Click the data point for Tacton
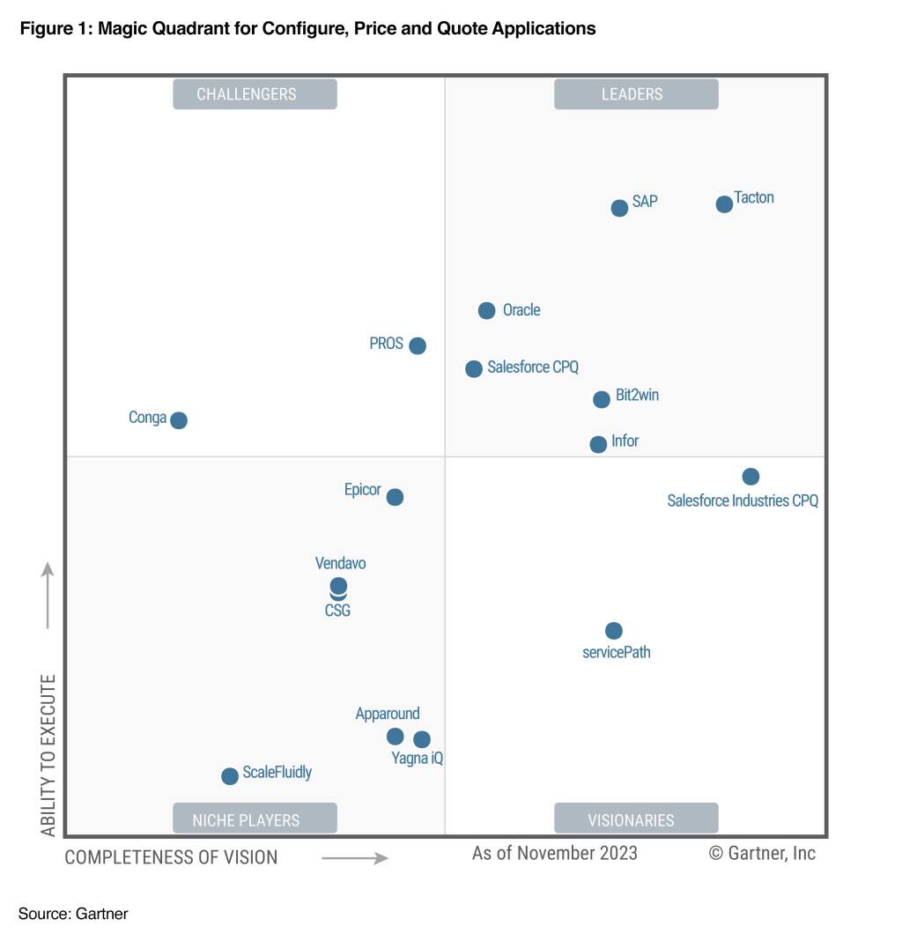tap(724, 204)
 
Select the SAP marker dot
tap(619, 208)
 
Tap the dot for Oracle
tap(486, 310)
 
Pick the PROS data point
tap(418, 345)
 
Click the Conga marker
tap(179, 420)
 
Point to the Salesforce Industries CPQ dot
tap(750, 477)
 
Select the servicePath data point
tap(614, 631)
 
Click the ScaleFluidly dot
tap(230, 776)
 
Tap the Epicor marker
tap(396, 497)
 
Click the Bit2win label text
tap(637, 396)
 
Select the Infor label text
tap(625, 441)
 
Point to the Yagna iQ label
tap(418, 758)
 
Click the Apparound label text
tap(388, 714)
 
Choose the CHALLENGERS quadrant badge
tap(255, 94)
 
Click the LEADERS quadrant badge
tap(636, 94)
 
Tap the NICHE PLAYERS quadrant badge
tap(255, 819)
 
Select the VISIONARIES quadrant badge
tap(636, 819)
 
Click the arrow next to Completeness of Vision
tap(354, 857)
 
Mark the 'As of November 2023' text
tap(555, 853)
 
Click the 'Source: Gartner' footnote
tap(73, 914)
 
